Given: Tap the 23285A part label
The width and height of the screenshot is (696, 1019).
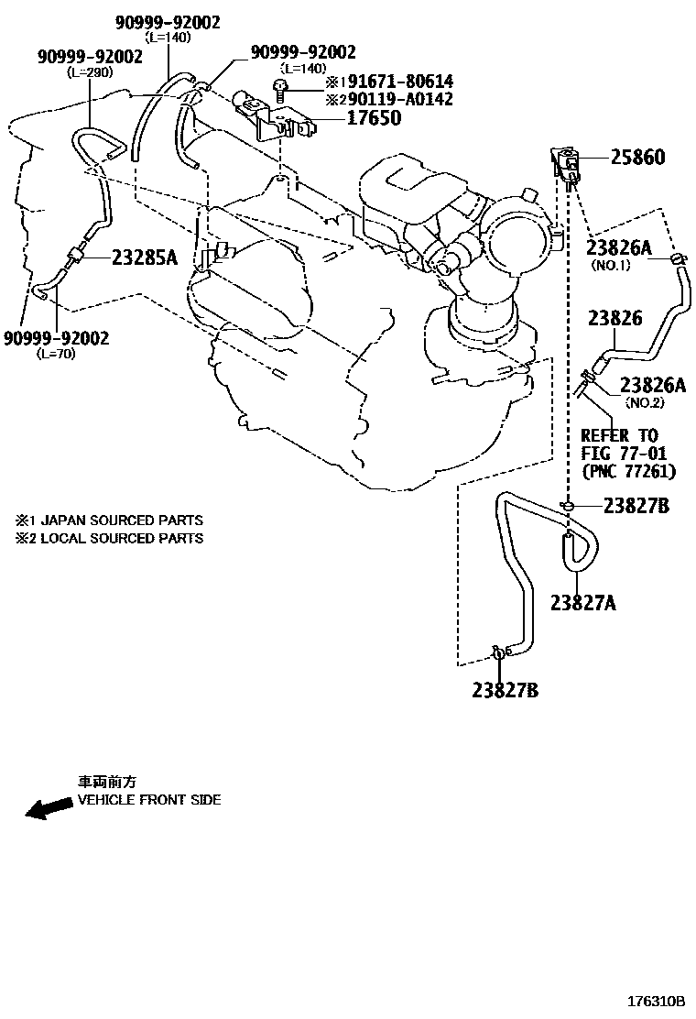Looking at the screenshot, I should (144, 257).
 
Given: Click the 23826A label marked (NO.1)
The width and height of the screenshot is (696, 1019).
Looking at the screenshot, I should (618, 247).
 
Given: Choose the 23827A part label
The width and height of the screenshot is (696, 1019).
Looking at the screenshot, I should (582, 602).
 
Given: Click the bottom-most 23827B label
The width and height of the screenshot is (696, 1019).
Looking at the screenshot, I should (506, 690).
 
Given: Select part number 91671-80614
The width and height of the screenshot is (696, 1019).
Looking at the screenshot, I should (393, 82).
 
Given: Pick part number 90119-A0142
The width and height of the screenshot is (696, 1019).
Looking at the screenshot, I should (393, 99).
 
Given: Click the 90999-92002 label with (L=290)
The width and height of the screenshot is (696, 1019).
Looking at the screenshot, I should (90, 57).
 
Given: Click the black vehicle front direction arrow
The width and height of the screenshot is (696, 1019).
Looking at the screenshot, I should (49, 808).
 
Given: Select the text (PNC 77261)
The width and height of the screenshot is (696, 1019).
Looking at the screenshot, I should (628, 471).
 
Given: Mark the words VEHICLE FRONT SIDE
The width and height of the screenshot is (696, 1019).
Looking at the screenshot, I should (149, 800).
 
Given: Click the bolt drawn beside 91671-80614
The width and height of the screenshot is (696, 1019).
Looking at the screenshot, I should (281, 88).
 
